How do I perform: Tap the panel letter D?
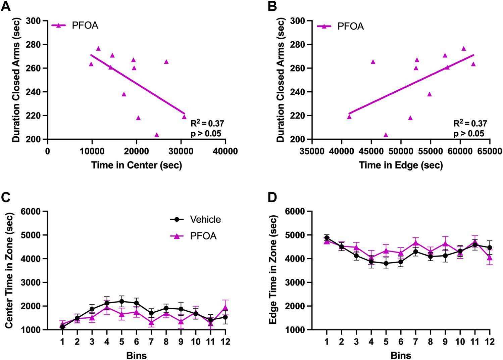pos(272,197)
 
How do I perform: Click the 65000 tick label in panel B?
pos(489,151)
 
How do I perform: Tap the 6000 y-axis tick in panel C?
pos(31,211)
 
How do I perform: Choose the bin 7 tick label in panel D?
pos(415,342)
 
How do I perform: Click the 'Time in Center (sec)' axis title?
pos(137,165)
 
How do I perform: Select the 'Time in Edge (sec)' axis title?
pos(401,165)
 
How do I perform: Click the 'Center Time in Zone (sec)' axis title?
pos(9,271)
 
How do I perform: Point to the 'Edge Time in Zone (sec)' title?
pos(273,271)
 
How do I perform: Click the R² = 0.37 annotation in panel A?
pos(207,123)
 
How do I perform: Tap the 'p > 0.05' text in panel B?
pos(469,134)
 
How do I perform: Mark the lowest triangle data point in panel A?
pos(157,135)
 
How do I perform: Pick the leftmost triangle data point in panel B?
pos(349,117)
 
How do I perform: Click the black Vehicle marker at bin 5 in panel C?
pos(121,301)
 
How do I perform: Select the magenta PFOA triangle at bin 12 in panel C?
pos(225,308)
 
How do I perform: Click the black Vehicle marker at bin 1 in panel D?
pos(327,238)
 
